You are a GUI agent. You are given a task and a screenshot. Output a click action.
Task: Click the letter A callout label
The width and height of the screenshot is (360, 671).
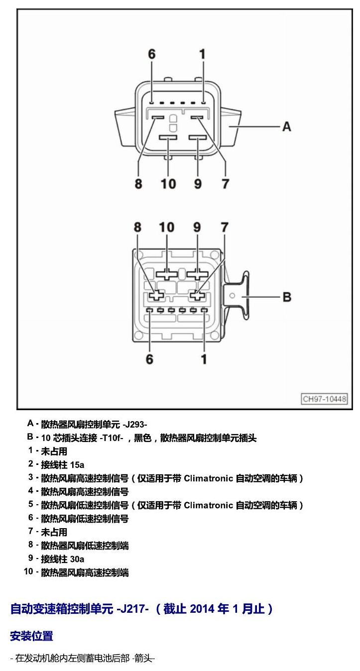[287, 127]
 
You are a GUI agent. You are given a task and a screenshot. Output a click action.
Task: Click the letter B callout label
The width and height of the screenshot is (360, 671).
[287, 297]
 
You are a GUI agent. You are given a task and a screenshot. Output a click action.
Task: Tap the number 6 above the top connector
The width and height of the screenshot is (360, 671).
[152, 54]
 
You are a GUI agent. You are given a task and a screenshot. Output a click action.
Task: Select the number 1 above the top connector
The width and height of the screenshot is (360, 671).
[203, 54]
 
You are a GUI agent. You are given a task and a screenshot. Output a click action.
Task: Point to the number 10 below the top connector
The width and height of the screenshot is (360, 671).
[168, 184]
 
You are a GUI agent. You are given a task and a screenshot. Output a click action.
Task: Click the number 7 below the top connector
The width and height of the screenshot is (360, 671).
[226, 184]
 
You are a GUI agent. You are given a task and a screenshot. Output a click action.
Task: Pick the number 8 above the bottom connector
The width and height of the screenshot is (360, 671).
[137, 227]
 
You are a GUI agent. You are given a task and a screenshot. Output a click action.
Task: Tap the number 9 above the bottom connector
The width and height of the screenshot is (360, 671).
[197, 227]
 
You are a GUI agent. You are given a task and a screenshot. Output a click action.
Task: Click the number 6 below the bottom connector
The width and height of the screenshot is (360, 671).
[149, 359]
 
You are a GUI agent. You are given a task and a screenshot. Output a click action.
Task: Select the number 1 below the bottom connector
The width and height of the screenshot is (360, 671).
[204, 359]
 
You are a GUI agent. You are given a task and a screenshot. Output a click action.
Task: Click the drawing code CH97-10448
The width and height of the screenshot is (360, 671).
[324, 399]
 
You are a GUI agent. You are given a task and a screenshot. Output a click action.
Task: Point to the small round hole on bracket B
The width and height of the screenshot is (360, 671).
[232, 296]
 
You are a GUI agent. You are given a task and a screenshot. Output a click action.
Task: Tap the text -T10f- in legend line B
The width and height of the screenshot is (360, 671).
[112, 438]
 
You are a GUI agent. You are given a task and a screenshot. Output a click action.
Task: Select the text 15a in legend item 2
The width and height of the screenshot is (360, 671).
[77, 465]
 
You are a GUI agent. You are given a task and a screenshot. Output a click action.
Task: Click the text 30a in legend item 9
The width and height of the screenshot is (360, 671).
[77, 559]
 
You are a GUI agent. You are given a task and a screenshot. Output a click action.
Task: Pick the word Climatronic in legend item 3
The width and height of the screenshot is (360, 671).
[208, 478]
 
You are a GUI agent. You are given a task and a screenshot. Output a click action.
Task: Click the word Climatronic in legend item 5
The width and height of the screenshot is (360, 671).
[208, 505]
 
